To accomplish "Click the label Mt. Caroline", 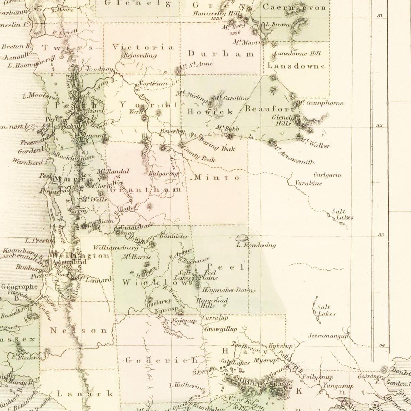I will click(230, 98).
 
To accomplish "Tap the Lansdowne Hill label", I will click(298, 53).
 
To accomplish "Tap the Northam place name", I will click(153, 84).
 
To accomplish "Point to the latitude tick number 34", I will click(382, 345).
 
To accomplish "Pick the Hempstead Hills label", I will click(211, 303).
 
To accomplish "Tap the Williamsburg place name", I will click(116, 247).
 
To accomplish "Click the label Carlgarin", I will click(328, 175).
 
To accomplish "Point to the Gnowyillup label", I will click(221, 329).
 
